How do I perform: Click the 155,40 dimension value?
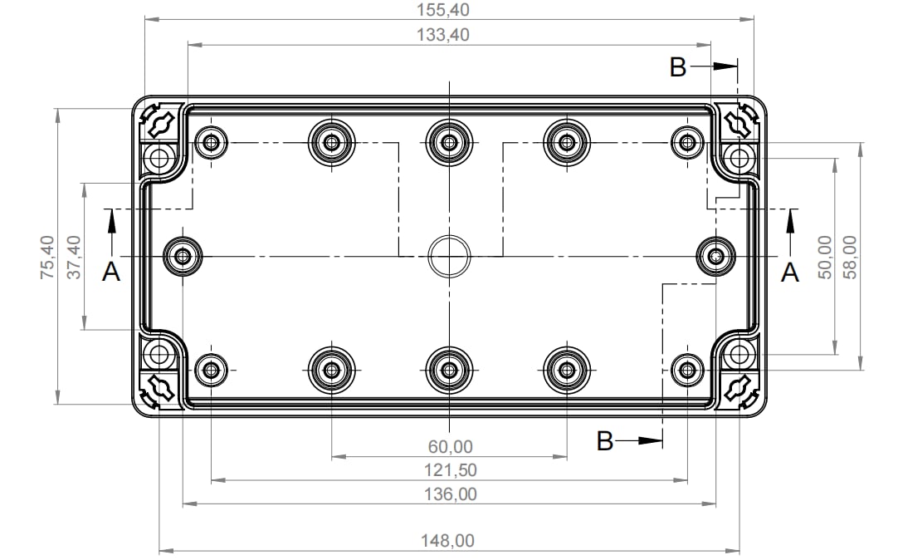tap(449, 10)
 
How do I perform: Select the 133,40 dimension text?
tap(449, 35)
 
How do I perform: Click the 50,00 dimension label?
tap(824, 257)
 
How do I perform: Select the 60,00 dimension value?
tap(449, 447)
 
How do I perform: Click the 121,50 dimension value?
tap(449, 470)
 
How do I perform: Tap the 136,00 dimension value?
tap(449, 494)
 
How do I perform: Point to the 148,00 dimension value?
tap(449, 541)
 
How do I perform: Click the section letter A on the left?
tap(110, 272)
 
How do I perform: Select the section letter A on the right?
tap(790, 272)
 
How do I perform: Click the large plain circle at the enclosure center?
tap(449, 257)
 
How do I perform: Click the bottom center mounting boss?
tap(449, 369)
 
